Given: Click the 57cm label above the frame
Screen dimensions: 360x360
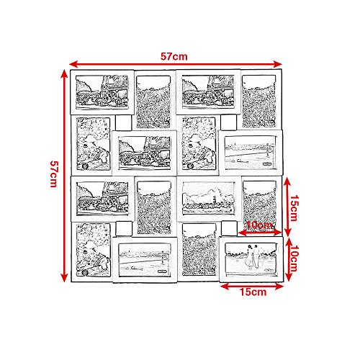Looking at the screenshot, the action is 174,56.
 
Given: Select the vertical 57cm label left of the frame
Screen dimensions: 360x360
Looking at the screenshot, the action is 54,174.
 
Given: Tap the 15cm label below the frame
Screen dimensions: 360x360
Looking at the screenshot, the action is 253,292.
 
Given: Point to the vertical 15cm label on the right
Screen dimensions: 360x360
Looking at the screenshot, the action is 294,208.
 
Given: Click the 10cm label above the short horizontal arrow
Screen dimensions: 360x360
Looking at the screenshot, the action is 259,225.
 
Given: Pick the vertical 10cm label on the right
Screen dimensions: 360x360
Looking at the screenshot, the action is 294,258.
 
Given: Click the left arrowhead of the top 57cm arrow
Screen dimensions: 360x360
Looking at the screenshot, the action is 73,64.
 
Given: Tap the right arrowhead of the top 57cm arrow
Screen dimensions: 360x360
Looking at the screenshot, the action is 278,64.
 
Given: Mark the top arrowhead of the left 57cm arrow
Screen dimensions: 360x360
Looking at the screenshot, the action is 64,73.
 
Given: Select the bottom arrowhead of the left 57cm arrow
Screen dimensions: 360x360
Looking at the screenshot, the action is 64,278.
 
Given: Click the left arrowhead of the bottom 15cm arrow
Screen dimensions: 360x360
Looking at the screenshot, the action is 224,287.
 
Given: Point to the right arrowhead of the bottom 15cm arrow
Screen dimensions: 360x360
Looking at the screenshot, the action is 280,287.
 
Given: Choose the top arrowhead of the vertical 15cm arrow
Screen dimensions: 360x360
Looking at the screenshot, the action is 287,181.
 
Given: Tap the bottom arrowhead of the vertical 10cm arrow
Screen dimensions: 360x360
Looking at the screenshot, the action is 288,277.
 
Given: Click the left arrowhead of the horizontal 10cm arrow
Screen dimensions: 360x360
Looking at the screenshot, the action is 242,233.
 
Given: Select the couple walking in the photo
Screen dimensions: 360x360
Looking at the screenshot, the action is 253,257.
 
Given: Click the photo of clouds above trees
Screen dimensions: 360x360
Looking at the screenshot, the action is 208,198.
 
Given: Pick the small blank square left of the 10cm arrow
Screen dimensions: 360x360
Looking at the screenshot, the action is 229,229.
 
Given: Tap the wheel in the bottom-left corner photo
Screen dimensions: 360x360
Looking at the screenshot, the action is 85,272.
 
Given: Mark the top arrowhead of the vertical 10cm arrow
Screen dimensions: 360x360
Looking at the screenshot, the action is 288,241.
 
